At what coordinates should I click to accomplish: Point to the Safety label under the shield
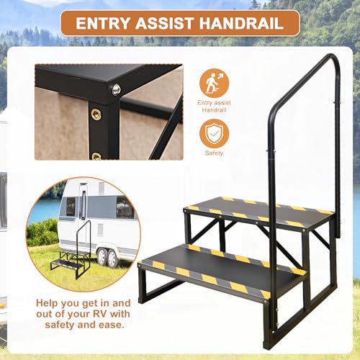coord(214,153)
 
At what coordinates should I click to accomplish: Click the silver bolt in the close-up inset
coord(115,89)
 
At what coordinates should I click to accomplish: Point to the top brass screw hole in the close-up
coord(96,114)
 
